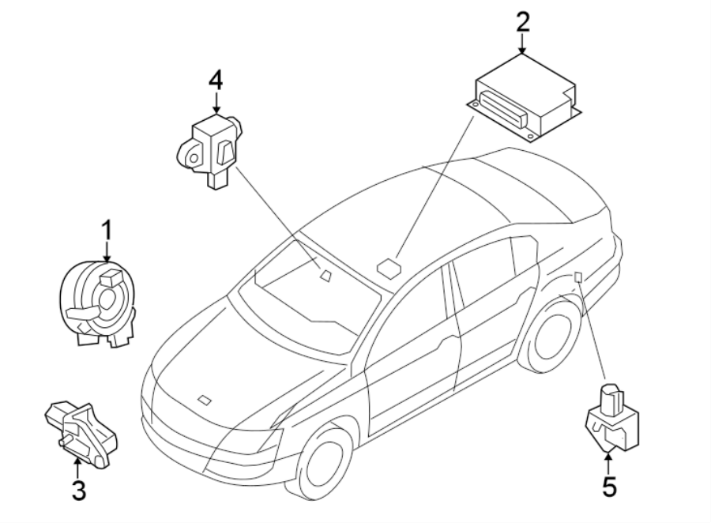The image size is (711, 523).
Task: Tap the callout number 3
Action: click(x=77, y=490)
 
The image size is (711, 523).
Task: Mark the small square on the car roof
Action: click(x=389, y=265)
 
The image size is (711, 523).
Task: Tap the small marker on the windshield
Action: click(x=325, y=275)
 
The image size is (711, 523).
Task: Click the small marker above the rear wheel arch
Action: click(x=578, y=277)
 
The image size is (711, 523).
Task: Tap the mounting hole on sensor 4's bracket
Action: click(x=190, y=158)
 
